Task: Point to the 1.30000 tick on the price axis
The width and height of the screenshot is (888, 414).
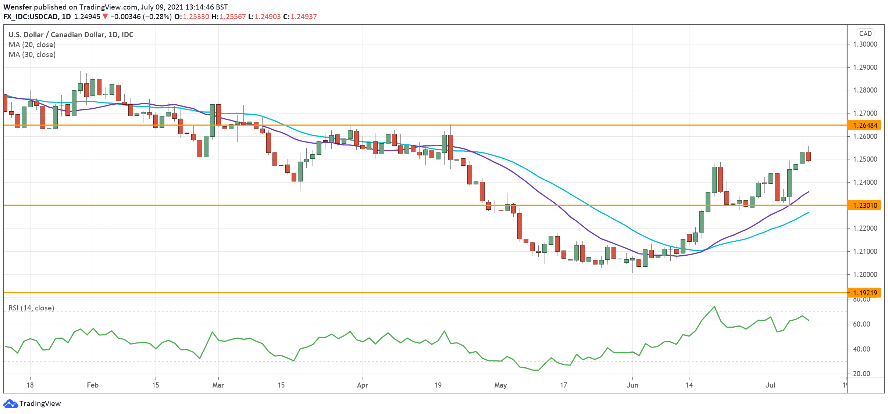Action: click(864, 44)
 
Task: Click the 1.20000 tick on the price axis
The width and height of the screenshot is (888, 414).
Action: click(864, 274)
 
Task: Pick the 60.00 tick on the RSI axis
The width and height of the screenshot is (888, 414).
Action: click(861, 324)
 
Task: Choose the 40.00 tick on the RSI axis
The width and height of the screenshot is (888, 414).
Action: click(861, 349)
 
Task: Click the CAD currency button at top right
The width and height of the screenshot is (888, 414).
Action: click(865, 34)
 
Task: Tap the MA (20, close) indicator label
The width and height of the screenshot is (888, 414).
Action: click(32, 44)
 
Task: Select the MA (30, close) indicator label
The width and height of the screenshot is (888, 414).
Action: click(32, 54)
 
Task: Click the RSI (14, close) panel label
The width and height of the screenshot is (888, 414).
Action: click(31, 308)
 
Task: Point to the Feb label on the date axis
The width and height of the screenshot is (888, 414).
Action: click(93, 385)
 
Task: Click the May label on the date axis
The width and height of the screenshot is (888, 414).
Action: click(500, 385)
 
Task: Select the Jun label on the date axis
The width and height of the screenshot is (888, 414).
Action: click(632, 385)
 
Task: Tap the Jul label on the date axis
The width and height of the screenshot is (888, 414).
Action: click(770, 385)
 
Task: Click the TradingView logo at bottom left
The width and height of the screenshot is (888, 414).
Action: click(32, 403)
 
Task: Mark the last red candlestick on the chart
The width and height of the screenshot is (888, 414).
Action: click(808, 156)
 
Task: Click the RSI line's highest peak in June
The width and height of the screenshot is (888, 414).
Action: click(714, 306)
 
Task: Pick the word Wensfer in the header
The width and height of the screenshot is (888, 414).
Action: click(18, 7)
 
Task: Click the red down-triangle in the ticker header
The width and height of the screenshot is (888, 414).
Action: click(105, 17)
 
